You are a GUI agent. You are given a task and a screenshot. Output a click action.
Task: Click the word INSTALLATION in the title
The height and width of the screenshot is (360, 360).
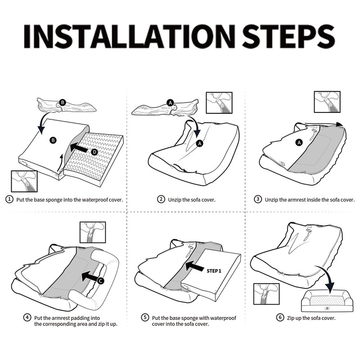pyautogui.click(x=130, y=36)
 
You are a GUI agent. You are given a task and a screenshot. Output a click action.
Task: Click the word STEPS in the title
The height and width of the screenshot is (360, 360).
pyautogui.click(x=288, y=36)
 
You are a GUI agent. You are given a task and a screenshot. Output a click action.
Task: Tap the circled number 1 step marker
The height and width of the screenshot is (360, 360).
pyautogui.click(x=9, y=199)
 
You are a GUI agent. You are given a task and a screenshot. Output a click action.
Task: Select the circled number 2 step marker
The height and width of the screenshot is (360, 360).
pyautogui.click(x=161, y=199)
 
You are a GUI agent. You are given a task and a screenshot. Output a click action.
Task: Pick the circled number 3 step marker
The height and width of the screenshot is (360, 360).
pyautogui.click(x=258, y=199)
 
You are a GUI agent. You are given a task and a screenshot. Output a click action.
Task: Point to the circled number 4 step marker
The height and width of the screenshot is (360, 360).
pyautogui.click(x=27, y=318)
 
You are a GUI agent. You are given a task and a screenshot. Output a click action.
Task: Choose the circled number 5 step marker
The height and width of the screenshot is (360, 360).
pyautogui.click(x=145, y=318)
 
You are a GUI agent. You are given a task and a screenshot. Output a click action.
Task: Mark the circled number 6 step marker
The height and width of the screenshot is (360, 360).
pyautogui.click(x=280, y=318)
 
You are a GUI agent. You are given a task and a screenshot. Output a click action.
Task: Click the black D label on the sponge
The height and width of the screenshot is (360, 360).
pyautogui.click(x=94, y=152)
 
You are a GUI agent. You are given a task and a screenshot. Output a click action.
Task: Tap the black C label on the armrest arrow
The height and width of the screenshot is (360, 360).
pyautogui.click(x=100, y=281)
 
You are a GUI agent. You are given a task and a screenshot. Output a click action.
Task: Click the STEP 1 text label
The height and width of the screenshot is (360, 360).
pyautogui.click(x=214, y=271)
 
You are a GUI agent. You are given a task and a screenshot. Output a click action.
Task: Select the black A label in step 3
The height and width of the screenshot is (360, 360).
pyautogui.click(x=299, y=143)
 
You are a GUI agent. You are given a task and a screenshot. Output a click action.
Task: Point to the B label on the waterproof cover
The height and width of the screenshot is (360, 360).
pyautogui.click(x=53, y=140)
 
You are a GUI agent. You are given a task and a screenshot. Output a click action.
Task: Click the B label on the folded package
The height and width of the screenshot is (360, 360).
pyautogui.click(x=63, y=103)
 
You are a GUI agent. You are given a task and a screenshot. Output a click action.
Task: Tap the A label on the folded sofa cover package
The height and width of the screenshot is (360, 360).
pyautogui.click(x=170, y=103)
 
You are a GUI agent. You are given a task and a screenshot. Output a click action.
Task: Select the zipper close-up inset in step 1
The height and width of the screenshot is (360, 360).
pyautogui.click(x=24, y=181)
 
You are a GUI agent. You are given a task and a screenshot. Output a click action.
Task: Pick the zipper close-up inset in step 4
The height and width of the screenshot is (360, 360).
pyautogui.click(x=93, y=232)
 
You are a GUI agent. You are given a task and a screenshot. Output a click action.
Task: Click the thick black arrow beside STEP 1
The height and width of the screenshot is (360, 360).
pyautogui.click(x=195, y=266)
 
